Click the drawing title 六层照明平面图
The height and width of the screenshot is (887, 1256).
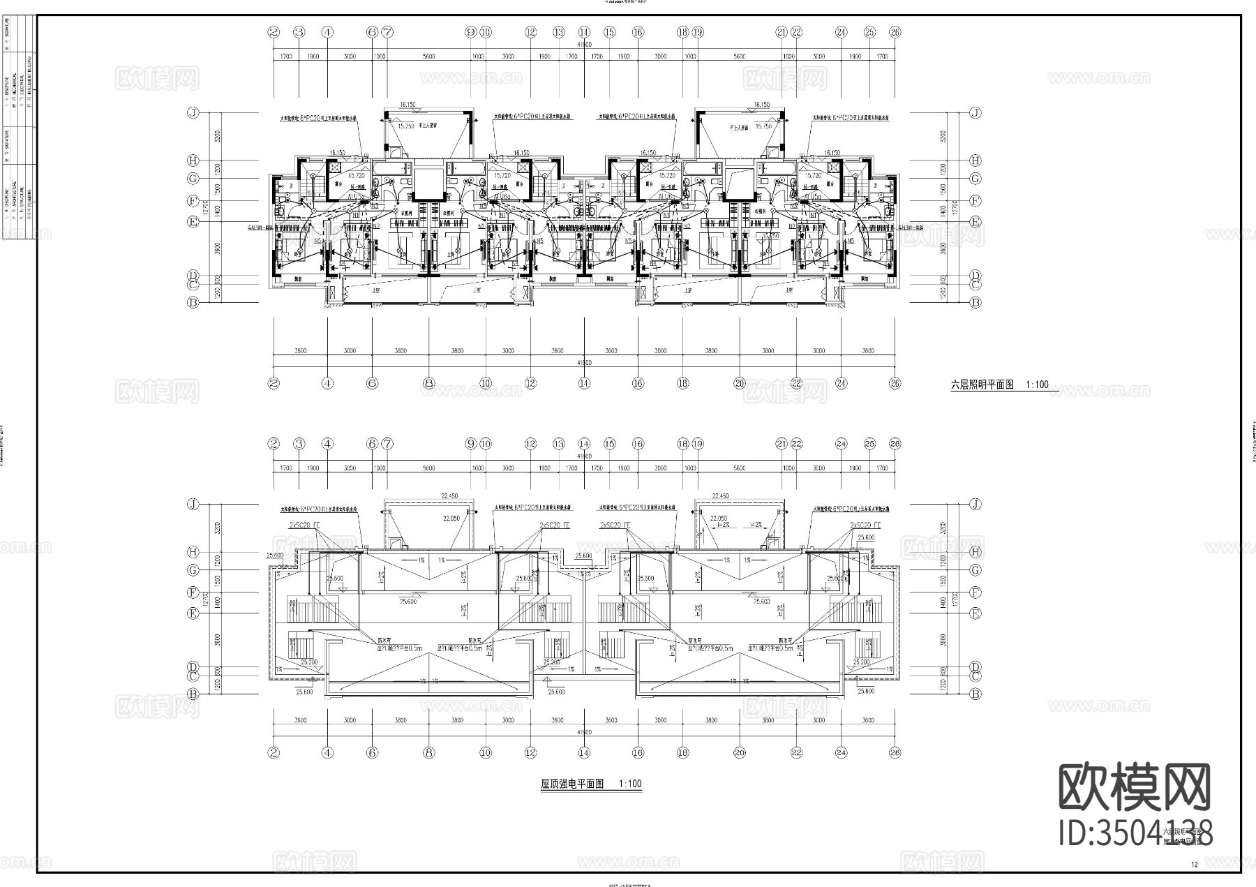[982, 385]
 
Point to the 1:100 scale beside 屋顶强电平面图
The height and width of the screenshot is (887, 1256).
[630, 784]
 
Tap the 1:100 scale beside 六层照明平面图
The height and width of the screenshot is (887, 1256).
[1037, 385]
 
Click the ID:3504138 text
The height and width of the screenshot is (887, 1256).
[1135, 833]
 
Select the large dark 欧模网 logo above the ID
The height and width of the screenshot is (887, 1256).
[1135, 786]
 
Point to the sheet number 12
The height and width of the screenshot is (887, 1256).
[1195, 865]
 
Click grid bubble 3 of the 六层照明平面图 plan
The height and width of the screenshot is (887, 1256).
[299, 32]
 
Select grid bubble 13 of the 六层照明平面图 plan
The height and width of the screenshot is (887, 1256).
[559, 32]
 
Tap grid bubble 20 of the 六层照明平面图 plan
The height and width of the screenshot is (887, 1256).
[740, 383]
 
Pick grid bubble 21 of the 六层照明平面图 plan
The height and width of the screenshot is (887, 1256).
[782, 32]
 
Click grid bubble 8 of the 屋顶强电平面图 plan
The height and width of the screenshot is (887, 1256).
[429, 753]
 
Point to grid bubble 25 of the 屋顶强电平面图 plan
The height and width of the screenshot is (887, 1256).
[869, 444]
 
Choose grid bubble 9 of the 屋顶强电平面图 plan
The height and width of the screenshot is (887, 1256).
[471, 444]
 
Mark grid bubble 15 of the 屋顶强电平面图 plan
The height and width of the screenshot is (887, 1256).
[610, 444]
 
